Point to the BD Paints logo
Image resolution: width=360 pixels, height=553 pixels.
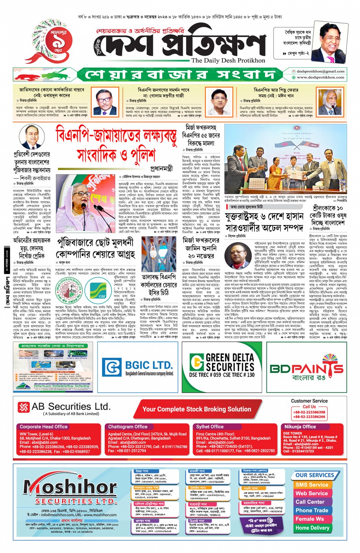coord(307,368)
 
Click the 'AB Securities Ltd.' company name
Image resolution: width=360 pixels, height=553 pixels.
coord(71,407)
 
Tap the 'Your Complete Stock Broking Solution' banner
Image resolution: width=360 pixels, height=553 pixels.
coord(197,409)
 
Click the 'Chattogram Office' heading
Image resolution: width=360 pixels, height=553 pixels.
coord(128,427)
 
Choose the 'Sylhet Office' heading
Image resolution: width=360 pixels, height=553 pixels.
coord(210,427)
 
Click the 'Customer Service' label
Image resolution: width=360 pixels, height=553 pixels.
coord(309,401)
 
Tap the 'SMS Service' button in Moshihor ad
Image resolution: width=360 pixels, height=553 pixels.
coord(312,485)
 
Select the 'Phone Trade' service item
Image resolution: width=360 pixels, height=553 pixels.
coord(312,510)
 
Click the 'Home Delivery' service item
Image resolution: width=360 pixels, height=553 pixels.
coord(312,528)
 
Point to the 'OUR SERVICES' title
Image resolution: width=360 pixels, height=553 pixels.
coord(314,475)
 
